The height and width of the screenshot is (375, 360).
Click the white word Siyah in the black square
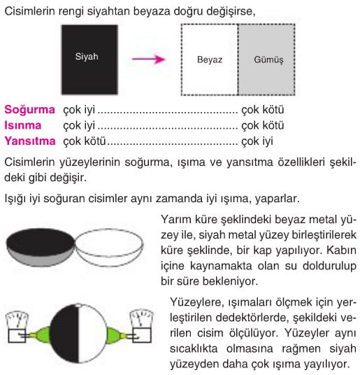87,57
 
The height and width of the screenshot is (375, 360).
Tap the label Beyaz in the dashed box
210,59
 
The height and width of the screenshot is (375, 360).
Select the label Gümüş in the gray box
268,59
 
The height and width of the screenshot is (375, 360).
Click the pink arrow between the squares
149,59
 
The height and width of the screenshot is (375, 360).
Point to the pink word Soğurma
29,110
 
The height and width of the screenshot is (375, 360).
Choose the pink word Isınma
23,125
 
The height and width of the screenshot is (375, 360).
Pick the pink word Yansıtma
30,141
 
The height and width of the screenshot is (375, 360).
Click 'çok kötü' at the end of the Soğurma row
263,110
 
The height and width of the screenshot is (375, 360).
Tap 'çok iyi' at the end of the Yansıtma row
257,141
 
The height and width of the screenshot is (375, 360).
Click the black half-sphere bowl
40,247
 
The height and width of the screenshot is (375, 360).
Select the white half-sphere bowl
110,248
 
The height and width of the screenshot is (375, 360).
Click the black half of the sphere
64,334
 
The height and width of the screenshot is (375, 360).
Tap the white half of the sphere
93,334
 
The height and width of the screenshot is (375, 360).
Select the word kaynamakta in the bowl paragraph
221,266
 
